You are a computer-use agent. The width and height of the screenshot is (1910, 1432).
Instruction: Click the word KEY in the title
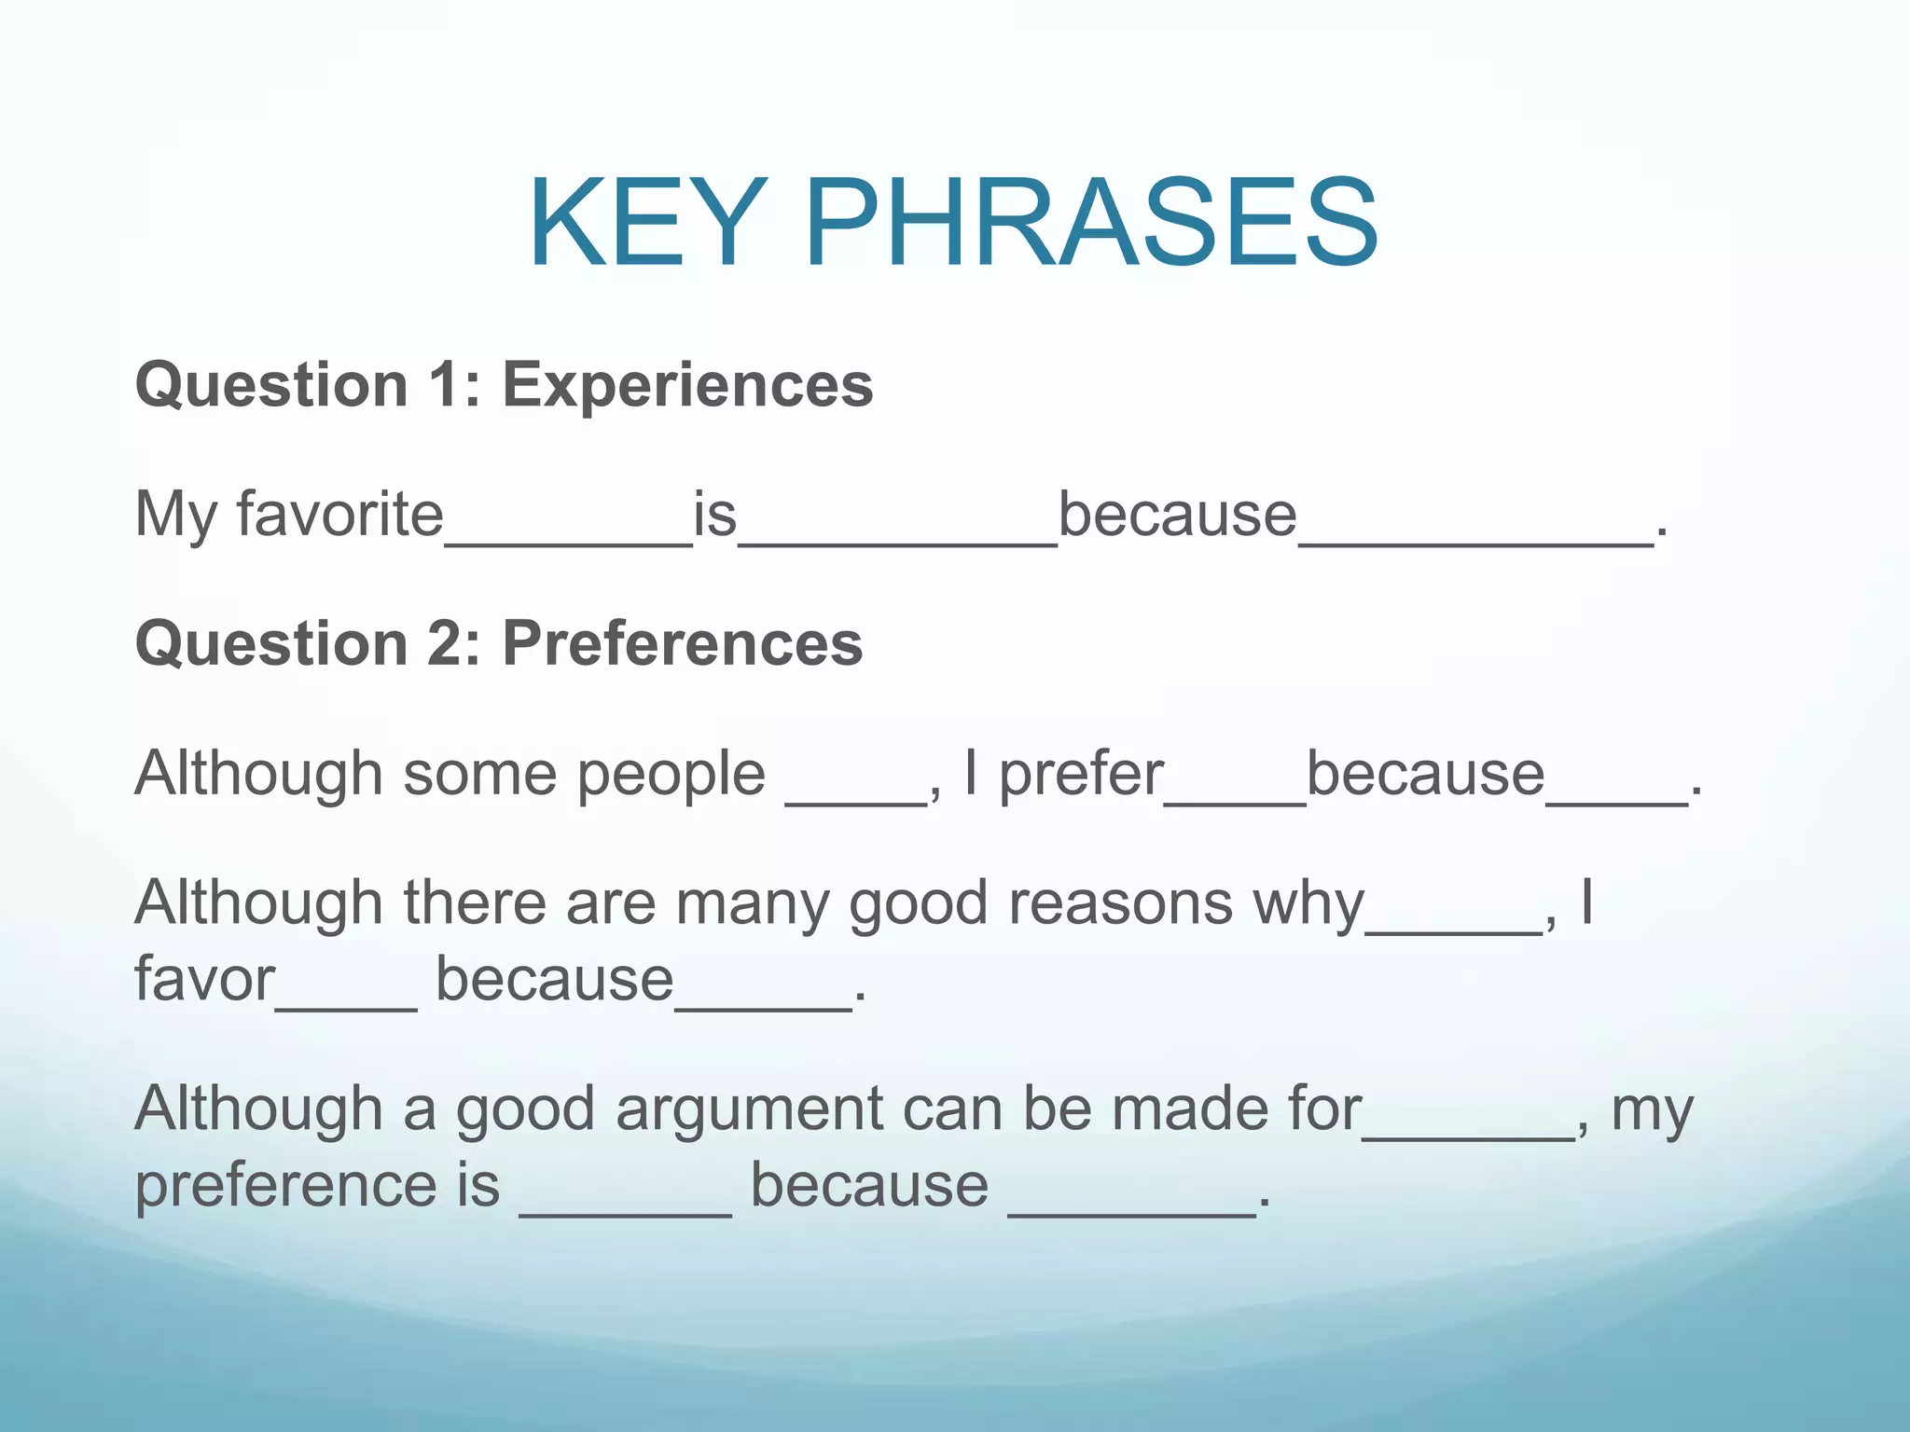coord(643,224)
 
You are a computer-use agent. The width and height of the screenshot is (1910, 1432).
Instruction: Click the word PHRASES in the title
coord(1090,224)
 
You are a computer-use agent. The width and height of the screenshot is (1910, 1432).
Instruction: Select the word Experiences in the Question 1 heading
coord(687,385)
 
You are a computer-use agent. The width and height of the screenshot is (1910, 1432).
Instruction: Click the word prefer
coord(1081,776)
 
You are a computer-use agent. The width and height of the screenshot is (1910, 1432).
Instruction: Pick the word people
coord(671,776)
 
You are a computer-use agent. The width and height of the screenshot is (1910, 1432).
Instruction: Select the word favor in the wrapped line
coord(204,980)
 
